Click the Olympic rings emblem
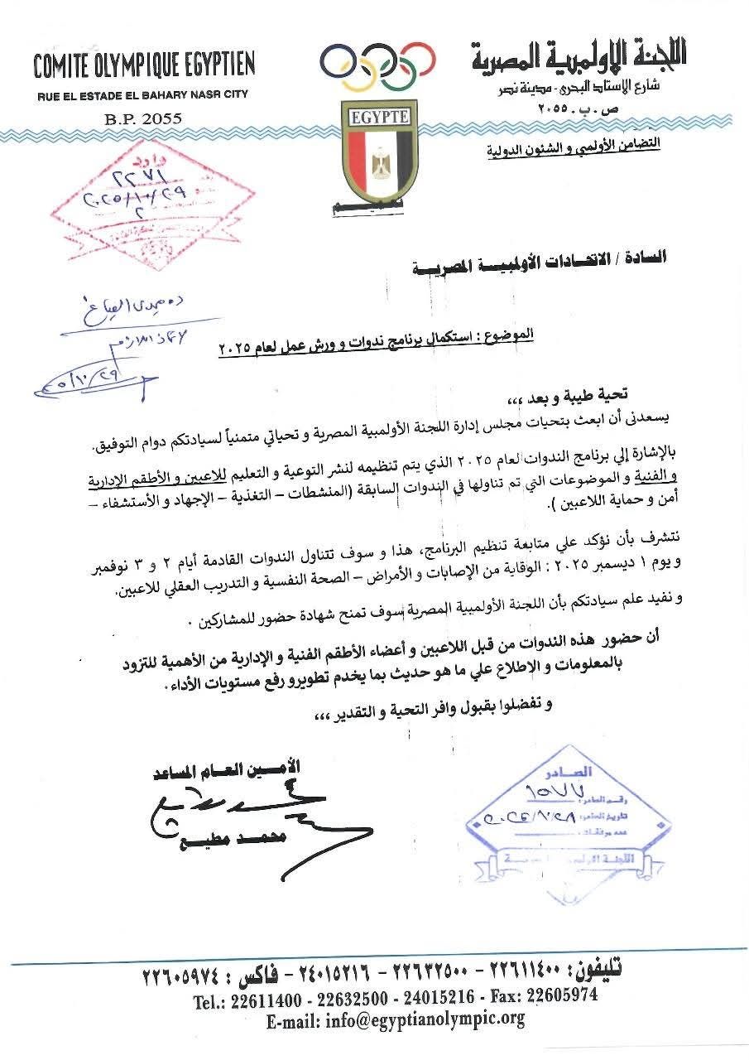tap(377, 67)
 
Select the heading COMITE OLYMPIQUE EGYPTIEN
tap(144, 65)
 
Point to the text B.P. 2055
tap(142, 119)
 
